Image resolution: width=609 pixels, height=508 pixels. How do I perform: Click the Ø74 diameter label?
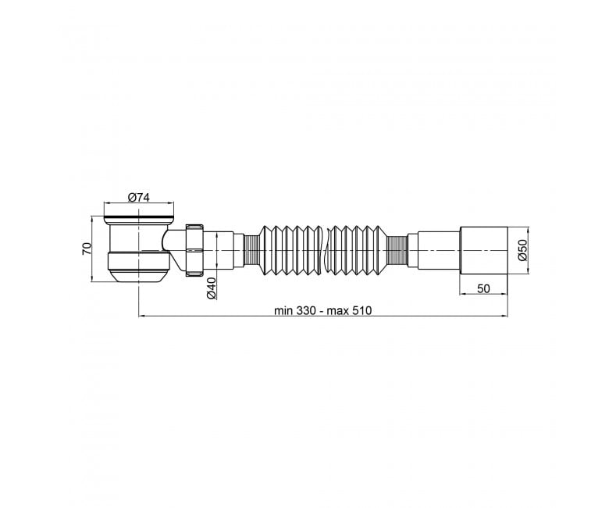[x=139, y=198]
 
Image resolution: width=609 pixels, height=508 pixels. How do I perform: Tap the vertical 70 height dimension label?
[x=87, y=249]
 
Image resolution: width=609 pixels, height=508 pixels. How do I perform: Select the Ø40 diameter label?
[x=211, y=288]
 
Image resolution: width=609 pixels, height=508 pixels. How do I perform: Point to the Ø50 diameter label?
[x=523, y=251]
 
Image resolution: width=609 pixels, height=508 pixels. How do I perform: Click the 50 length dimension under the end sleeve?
[x=483, y=288]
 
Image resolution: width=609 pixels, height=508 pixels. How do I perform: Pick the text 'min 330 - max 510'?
[x=322, y=310]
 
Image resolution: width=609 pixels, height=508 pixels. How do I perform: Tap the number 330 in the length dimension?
[x=306, y=310]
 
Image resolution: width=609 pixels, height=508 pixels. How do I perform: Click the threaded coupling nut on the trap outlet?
[x=194, y=250]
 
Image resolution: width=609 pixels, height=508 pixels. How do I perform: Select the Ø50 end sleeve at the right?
[x=483, y=250]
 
